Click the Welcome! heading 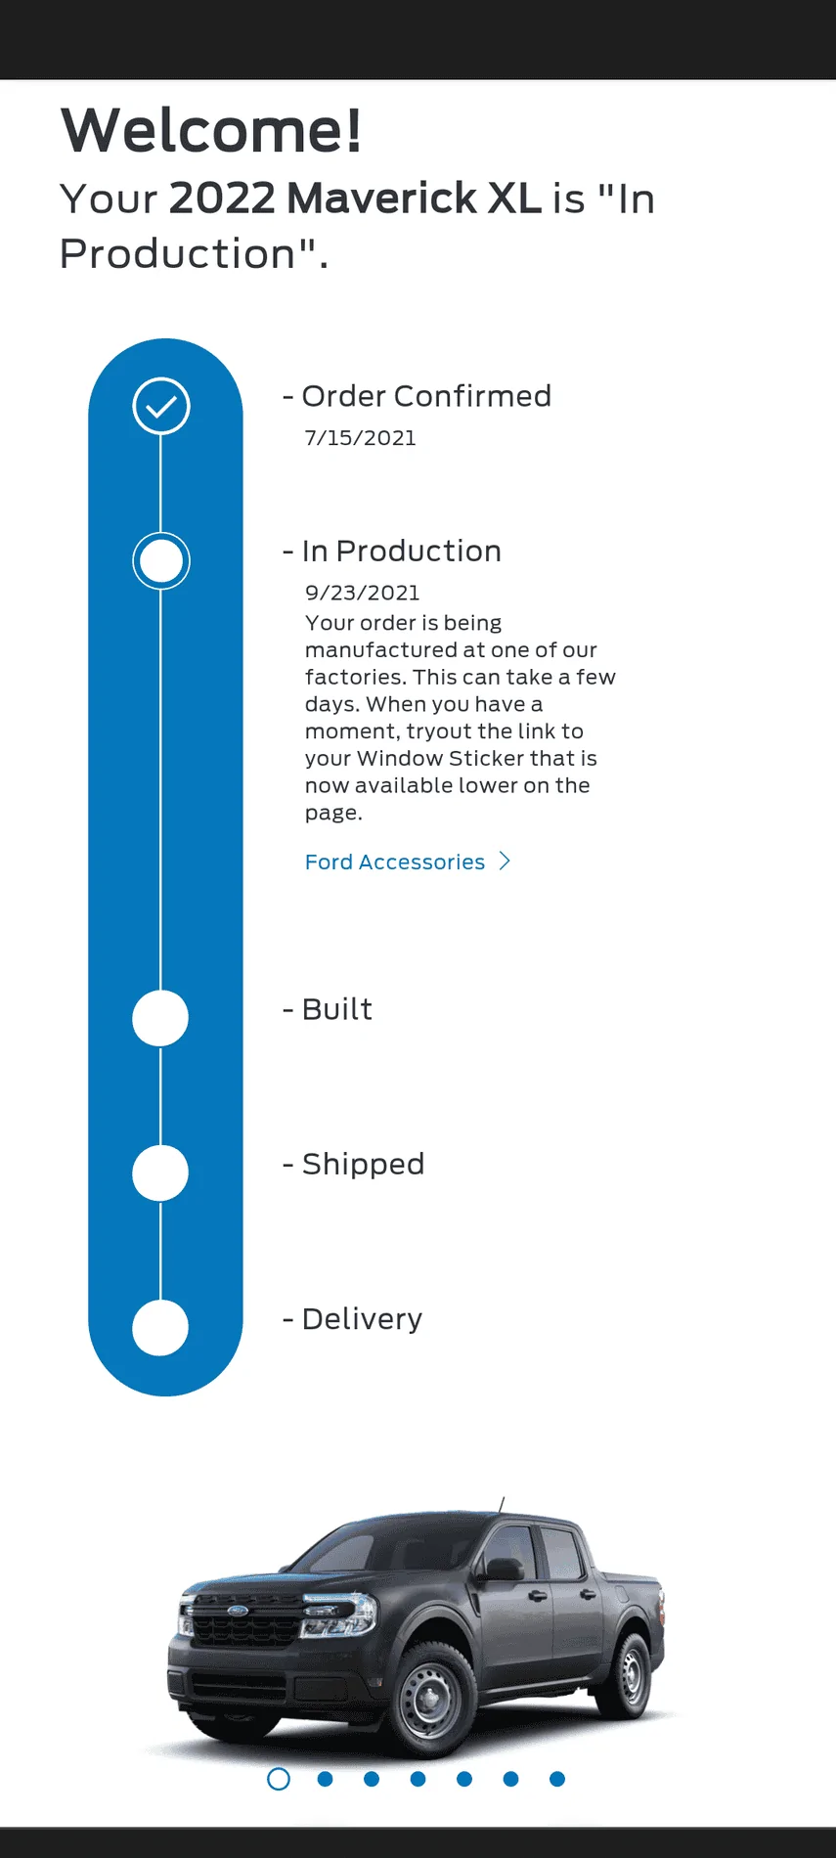211,130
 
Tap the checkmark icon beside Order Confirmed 161,406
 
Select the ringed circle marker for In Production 161,561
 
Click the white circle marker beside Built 160,1018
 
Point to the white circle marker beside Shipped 160,1172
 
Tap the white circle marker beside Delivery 160,1328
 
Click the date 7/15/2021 361,438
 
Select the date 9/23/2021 363,593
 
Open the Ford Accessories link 395,862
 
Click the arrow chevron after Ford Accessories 505,861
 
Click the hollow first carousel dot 279,1779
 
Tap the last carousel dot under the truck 557,1779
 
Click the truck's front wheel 431,1699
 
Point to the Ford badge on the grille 238,1610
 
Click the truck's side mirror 504,1569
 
